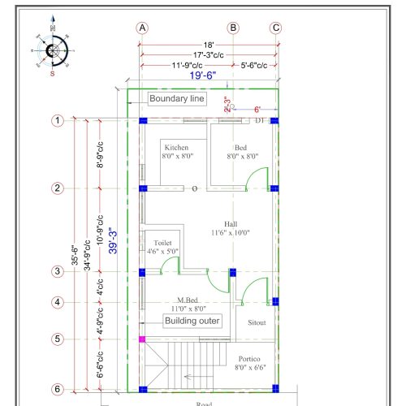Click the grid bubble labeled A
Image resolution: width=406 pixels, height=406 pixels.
pos(143,28)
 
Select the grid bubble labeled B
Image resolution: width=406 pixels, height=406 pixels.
pos(233,28)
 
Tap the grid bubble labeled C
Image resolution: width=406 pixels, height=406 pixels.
pos(275,28)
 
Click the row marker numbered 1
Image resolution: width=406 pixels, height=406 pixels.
pos(58,121)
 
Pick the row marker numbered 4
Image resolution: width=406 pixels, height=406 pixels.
pos(58,302)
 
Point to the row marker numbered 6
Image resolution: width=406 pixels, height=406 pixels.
pos(58,389)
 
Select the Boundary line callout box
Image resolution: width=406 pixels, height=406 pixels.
pos(178,99)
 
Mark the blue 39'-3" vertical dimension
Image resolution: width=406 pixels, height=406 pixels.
pos(114,240)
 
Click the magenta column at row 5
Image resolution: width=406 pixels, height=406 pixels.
pos(142,339)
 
